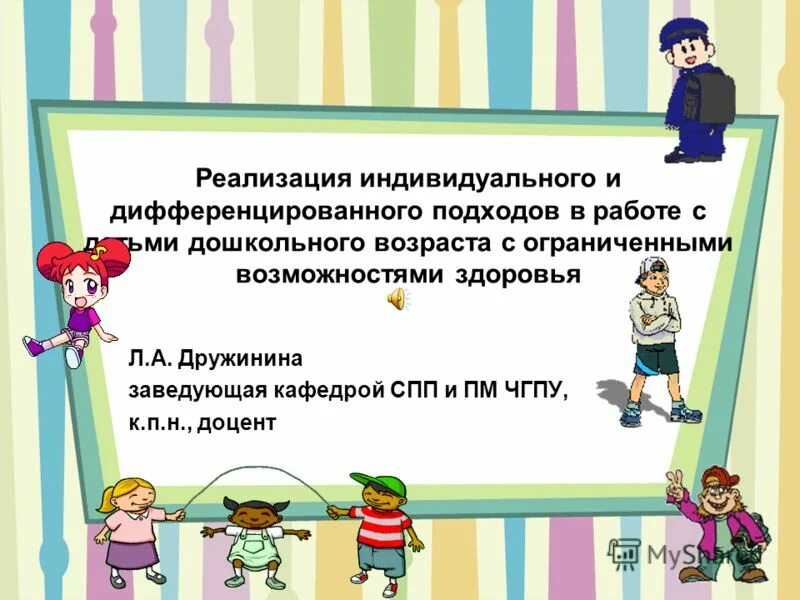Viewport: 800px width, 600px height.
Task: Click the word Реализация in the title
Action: coord(262,180)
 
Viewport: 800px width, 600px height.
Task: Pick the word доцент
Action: coord(237,423)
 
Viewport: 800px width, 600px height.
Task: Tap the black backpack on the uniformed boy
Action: coord(715,99)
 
